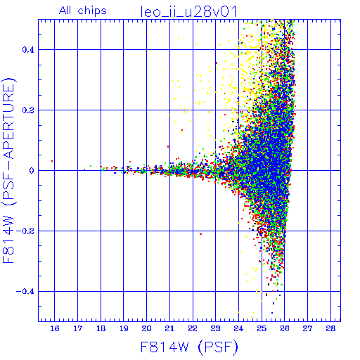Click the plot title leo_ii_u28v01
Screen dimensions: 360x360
pos(188,11)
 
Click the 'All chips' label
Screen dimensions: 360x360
pos(83,11)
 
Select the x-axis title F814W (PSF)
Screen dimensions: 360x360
pos(189,347)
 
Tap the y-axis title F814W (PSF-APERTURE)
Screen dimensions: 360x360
pos(8,170)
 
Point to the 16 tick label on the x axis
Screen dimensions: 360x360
pos(55,328)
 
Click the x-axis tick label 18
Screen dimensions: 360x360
pos(101,328)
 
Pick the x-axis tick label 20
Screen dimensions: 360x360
pos(147,328)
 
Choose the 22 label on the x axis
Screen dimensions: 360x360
pos(193,328)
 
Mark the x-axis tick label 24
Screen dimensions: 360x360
pos(238,328)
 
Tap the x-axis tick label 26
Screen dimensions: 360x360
pos(285,328)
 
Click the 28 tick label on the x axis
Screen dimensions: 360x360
pos(330,328)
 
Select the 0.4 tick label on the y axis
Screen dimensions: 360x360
pos(28,50)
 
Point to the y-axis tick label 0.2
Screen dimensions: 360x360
pos(28,110)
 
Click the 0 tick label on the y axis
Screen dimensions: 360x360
pos(32,171)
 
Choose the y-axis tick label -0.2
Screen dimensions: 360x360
pos(25,231)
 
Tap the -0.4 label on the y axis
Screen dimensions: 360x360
pos(25,292)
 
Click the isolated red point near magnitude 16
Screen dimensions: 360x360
pos(52,161)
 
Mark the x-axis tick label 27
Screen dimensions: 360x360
pos(307,328)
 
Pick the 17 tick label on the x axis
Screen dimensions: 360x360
pos(78,328)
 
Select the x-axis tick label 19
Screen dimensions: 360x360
pos(124,328)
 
